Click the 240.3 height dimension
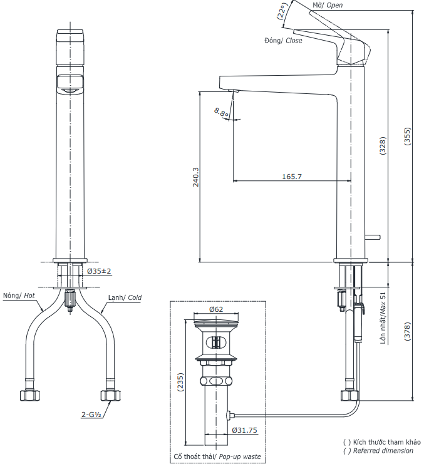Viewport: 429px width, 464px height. click(x=195, y=177)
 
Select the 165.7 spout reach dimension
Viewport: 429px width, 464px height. click(x=292, y=177)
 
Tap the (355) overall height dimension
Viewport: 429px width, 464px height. click(x=407, y=137)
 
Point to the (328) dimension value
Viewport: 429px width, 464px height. click(x=382, y=145)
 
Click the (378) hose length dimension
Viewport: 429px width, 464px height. click(x=407, y=330)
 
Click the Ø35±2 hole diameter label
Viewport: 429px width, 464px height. click(x=99, y=271)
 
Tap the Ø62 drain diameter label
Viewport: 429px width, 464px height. click(x=217, y=309)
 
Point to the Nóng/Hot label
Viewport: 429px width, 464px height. click(x=18, y=296)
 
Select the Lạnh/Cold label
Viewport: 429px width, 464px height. click(x=124, y=298)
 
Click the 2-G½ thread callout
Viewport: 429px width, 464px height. click(x=92, y=415)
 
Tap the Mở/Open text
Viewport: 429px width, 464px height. click(x=327, y=5)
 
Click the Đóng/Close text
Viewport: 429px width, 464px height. click(x=283, y=40)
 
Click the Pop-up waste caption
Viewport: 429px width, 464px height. click(x=219, y=456)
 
